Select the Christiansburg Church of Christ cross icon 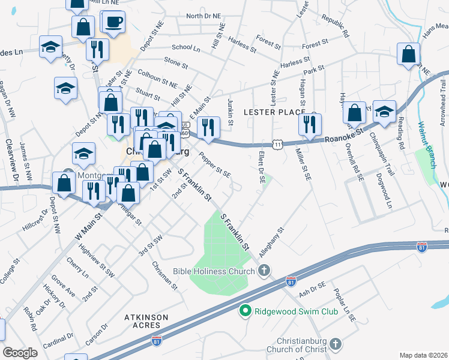point(335,344)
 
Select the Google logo point(20,353)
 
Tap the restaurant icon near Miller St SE point(310,124)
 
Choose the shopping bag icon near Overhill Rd point(355,112)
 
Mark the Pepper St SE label point(215,167)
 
